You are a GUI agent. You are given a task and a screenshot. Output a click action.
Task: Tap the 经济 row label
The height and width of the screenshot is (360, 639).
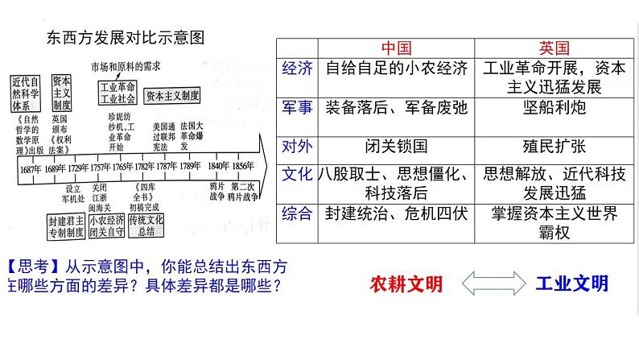(x=298, y=69)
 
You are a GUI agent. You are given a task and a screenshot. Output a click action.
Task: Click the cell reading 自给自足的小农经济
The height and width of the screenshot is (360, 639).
(x=397, y=69)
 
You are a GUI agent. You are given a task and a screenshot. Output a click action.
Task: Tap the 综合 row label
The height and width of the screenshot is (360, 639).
(x=298, y=214)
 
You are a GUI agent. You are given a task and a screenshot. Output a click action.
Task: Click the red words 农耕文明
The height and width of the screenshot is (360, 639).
(x=406, y=284)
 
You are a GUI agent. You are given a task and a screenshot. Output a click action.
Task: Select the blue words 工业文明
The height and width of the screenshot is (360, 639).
(x=571, y=283)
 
